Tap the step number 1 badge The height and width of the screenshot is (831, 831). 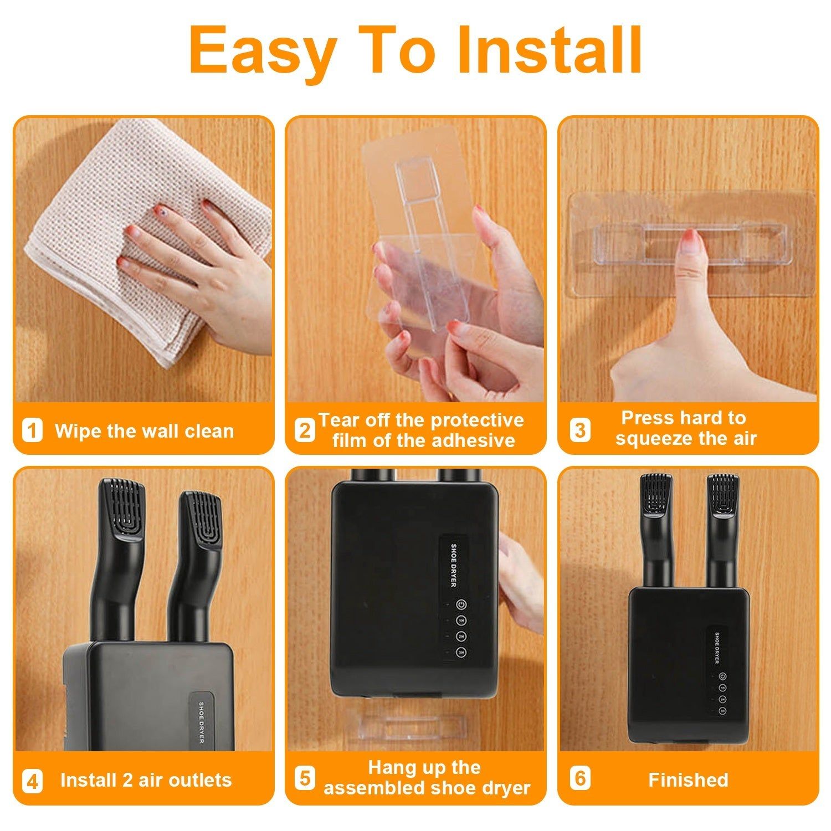[x=32, y=430]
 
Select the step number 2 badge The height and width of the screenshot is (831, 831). [x=304, y=430]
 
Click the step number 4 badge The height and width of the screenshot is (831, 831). [x=32, y=781]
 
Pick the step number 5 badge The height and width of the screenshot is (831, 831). [x=304, y=778]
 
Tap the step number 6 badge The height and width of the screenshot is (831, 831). [x=580, y=778]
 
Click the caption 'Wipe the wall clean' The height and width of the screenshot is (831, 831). [x=144, y=431]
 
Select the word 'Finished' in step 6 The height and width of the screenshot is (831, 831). [x=688, y=780]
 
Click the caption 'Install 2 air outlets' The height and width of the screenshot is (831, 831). [x=146, y=781]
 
